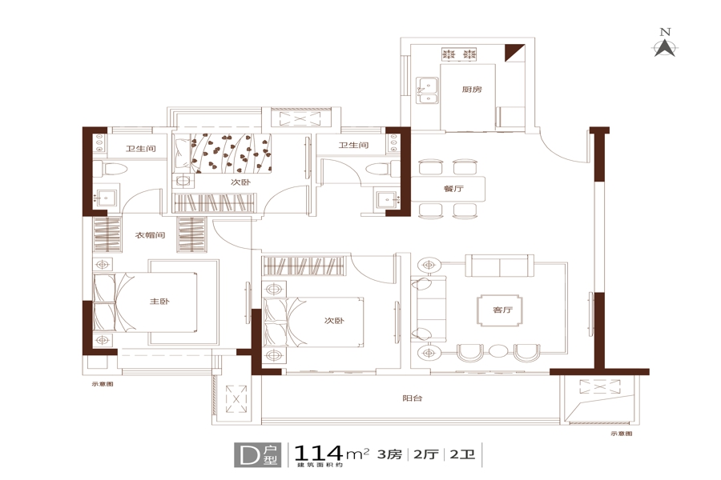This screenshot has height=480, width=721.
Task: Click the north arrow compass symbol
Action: pyautogui.click(x=665, y=48)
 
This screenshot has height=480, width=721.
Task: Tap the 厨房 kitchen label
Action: pyautogui.click(x=472, y=89)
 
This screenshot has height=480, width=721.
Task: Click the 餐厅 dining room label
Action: pyautogui.click(x=453, y=188)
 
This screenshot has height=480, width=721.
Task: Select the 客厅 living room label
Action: pyautogui.click(x=502, y=310)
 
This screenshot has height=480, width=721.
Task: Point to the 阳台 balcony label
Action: pyautogui.click(x=413, y=398)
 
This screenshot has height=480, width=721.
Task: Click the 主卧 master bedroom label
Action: pyautogui.click(x=159, y=302)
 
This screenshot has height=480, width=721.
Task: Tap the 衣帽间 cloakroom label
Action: pyautogui.click(x=150, y=235)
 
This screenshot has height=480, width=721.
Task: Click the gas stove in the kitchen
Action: pyautogui.click(x=459, y=54)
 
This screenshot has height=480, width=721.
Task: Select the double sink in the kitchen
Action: pyautogui.click(x=427, y=90)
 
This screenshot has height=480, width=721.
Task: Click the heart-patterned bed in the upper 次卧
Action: pyautogui.click(x=222, y=154)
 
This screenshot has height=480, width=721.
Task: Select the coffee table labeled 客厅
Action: pyautogui.click(x=501, y=310)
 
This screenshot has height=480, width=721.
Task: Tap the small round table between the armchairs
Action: pyautogui.click(x=497, y=351)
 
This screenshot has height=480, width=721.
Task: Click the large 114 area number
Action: pyautogui.click(x=318, y=454)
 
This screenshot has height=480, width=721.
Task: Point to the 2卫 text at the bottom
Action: pyautogui.click(x=462, y=454)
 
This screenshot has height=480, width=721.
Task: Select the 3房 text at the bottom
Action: pyautogui.click(x=389, y=454)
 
